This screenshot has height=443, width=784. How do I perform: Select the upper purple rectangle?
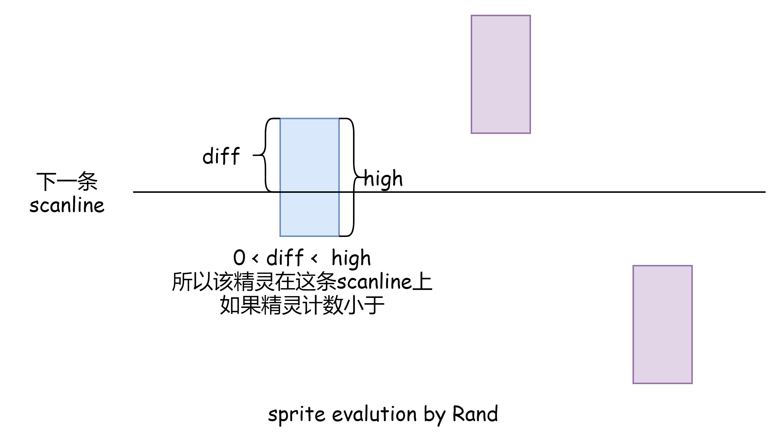pyautogui.click(x=501, y=74)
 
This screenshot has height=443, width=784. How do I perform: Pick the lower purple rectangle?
pyautogui.click(x=662, y=324)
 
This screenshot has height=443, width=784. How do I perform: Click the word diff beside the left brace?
pyautogui.click(x=221, y=156)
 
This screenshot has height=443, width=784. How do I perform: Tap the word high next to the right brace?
pyautogui.click(x=384, y=179)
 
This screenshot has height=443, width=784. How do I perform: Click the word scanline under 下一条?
pyautogui.click(x=67, y=205)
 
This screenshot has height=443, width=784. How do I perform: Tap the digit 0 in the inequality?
pyautogui.click(x=239, y=258)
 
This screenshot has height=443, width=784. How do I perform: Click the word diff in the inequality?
pyautogui.click(x=285, y=258)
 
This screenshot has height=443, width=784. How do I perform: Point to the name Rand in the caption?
pyautogui.click(x=475, y=414)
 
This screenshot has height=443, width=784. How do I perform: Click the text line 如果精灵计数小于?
pyautogui.click(x=302, y=305)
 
